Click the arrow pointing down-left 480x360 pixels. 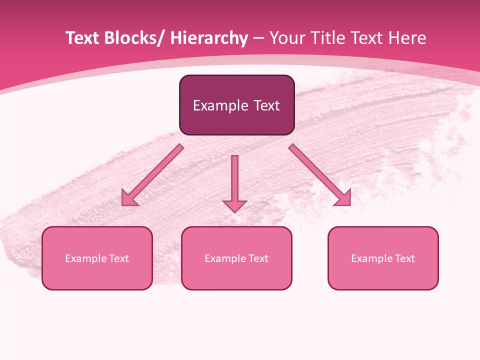pos(152,175)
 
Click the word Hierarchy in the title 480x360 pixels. pos(209,38)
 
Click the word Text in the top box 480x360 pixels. pos(266,105)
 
